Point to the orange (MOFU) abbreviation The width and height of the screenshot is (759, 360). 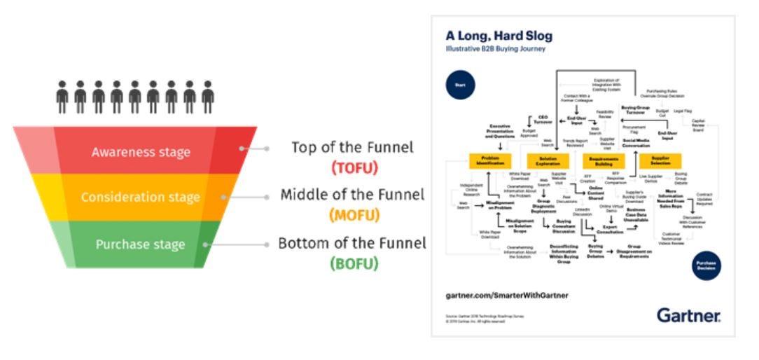pos(354,215)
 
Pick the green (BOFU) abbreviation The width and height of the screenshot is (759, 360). pos(354,263)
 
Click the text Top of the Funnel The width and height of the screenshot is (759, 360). pos(352,148)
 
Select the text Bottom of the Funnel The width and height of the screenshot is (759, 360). pos(352,244)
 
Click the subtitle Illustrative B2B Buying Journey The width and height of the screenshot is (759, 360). pos(495,49)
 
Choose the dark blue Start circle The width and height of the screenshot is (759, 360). pos(459,86)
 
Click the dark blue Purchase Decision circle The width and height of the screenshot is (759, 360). pos(706,265)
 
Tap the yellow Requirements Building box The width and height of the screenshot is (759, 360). pos(603,161)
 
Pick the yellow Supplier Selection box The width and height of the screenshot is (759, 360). pos(660,161)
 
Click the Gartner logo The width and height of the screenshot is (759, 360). pos(688,316)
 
